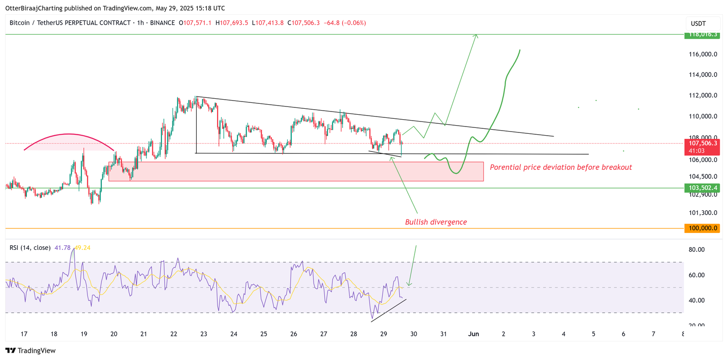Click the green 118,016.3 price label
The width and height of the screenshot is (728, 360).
tap(702, 35)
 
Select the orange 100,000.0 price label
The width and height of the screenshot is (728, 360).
tap(702, 228)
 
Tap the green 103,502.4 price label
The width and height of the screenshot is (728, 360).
tap(702, 188)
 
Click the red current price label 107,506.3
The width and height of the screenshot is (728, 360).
tap(702, 143)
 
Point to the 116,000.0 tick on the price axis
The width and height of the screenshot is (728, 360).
tap(703, 54)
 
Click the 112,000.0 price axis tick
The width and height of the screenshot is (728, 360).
tap(703, 96)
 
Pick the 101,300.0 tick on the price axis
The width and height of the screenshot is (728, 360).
tap(703, 213)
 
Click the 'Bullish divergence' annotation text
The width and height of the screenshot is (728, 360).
tap(436, 222)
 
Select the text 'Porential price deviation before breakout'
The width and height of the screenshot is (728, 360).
tap(561, 167)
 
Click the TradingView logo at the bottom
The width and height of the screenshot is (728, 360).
tap(30, 350)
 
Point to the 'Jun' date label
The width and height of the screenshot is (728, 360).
tap(474, 334)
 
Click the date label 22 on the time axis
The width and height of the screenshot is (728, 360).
tap(174, 334)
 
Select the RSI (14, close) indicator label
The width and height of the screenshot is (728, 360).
tap(30, 248)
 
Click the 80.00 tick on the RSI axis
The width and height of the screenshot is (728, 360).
tap(696, 249)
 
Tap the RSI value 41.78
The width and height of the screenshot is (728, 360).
tap(62, 248)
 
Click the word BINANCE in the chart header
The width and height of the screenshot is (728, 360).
tap(162, 23)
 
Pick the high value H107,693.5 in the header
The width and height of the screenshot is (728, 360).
tap(232, 23)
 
